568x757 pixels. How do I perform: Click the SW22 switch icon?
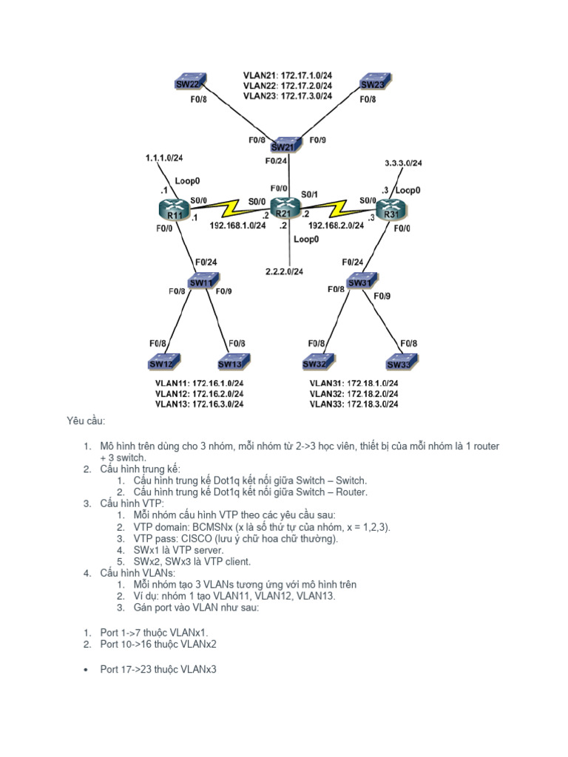191,82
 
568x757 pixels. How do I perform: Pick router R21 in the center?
283,209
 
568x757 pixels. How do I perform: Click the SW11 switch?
201,281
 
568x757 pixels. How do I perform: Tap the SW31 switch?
359,281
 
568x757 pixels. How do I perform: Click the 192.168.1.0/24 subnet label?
237,225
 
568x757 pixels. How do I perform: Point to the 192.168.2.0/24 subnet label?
337,225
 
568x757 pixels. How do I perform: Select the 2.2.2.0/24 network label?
285,271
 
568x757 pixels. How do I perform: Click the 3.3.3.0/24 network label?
404,163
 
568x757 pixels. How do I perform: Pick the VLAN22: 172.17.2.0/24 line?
287,86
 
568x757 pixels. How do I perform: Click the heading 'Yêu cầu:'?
87,421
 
